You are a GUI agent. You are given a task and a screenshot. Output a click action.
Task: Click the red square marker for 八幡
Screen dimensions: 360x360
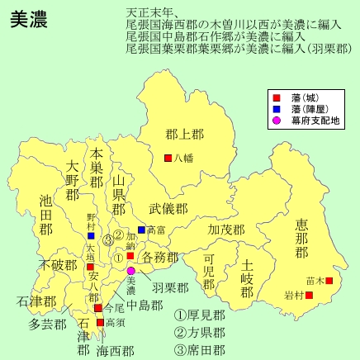(168, 158)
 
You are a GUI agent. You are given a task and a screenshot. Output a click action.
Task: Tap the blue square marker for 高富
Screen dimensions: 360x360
(141, 230)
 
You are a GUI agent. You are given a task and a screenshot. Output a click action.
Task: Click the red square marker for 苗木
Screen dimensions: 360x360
(329, 281)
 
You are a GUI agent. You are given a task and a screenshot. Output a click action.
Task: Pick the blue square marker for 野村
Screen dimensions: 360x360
(91, 235)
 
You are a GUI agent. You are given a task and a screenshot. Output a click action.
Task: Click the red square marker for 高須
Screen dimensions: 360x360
(101, 322)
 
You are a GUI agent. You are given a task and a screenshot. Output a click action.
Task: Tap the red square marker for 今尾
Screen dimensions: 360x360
(97, 308)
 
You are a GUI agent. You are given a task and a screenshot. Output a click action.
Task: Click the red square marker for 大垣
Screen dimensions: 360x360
(90, 267)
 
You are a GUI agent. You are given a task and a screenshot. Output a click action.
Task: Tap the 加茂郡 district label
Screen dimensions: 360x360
(226, 229)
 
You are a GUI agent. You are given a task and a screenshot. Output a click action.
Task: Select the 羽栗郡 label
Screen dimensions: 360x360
(170, 287)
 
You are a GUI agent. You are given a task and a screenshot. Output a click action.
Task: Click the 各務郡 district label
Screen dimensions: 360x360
(160, 258)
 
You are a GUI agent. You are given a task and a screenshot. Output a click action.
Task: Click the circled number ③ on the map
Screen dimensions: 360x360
(107, 240)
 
